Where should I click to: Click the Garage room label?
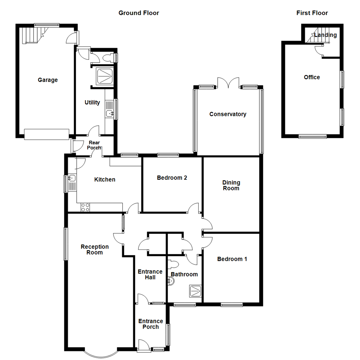click(x=48, y=80)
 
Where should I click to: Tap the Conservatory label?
click(x=228, y=114)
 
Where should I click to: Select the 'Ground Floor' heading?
click(x=139, y=13)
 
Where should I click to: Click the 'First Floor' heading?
click(x=312, y=13)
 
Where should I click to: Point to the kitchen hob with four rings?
click(x=85, y=207)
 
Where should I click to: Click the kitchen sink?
click(x=72, y=179)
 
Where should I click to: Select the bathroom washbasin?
click(x=171, y=282)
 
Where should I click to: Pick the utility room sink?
click(x=110, y=114)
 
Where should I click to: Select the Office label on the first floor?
click(x=312, y=77)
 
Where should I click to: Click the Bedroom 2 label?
click(x=172, y=178)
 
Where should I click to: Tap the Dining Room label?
click(x=231, y=185)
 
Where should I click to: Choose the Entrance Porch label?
click(x=151, y=324)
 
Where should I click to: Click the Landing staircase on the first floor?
click(x=315, y=37)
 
